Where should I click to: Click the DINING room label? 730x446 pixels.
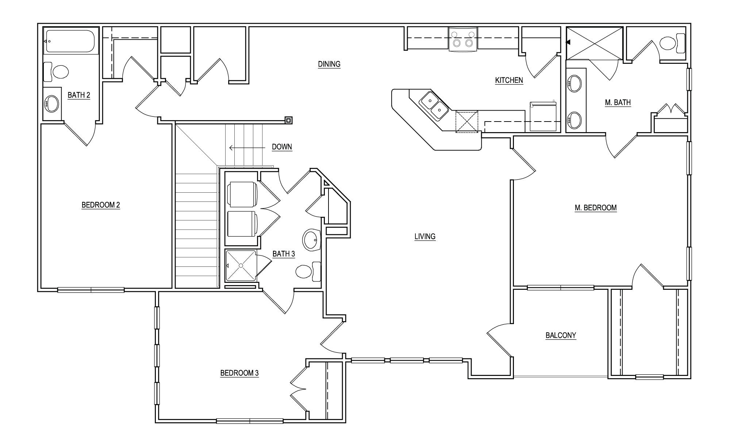(329, 64)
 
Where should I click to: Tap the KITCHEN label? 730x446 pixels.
(509, 80)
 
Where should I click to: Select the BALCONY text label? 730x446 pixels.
(561, 335)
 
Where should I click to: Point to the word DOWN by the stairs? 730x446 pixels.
(282, 147)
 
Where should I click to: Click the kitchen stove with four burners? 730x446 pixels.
(462, 39)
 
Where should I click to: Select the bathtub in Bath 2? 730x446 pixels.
(70, 41)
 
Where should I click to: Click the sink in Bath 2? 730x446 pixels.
(51, 104)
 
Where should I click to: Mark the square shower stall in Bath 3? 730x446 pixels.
(241, 265)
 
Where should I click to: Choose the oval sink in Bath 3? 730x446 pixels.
(311, 240)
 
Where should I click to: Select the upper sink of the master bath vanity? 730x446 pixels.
(575, 84)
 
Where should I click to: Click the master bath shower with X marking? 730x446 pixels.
(594, 43)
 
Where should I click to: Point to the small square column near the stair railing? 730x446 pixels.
(288, 120)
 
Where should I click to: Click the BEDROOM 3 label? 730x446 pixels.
(239, 373)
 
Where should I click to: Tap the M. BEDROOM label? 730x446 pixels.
(595, 208)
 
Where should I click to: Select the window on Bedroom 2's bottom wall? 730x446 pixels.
(91, 290)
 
